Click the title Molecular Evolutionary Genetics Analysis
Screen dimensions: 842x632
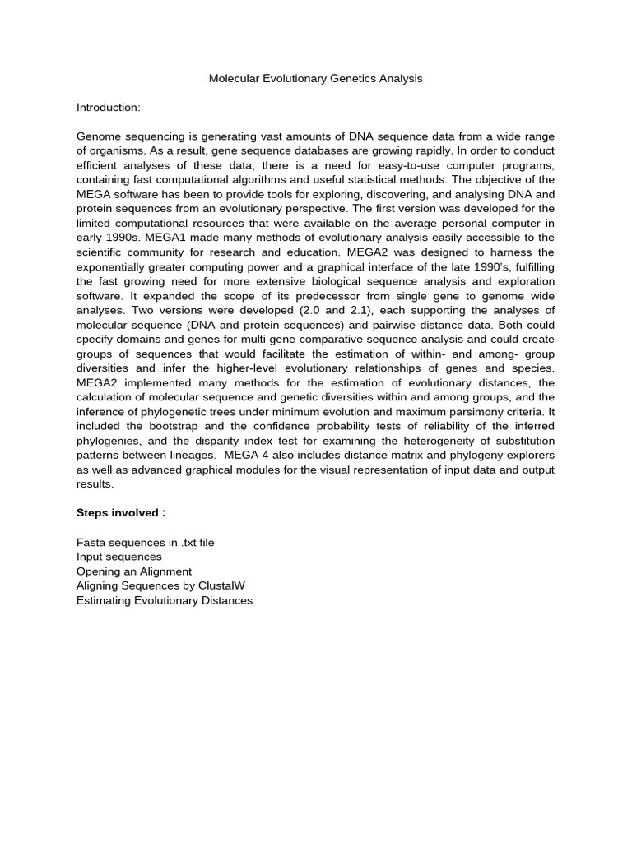pos(315,79)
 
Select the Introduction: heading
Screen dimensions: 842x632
pos(109,108)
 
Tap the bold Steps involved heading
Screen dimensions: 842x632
pos(121,512)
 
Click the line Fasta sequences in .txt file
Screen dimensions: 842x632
pos(145,542)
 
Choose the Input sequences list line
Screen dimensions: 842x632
pos(119,557)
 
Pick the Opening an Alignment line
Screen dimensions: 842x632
pos(134,571)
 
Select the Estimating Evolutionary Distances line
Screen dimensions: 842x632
pos(165,600)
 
